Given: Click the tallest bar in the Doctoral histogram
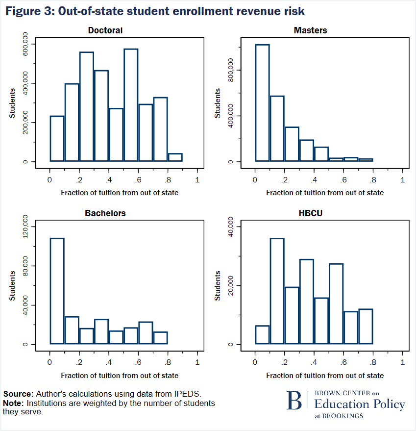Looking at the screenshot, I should click(x=131, y=105).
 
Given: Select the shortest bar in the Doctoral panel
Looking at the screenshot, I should click(x=175, y=157).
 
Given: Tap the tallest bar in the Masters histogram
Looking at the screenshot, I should click(x=262, y=103).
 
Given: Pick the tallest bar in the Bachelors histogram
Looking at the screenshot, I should click(x=57, y=291).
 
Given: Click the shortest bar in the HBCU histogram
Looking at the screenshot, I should click(x=262, y=335).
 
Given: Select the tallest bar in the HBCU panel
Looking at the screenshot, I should click(x=277, y=291).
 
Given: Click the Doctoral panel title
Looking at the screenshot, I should click(x=105, y=30).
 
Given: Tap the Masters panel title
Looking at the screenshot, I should click(x=310, y=30).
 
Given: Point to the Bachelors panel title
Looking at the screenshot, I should click(x=105, y=213).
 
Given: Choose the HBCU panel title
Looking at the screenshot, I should click(x=310, y=213).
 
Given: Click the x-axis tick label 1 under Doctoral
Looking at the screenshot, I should click(x=197, y=179).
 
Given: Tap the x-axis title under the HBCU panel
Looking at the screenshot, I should click(x=325, y=376).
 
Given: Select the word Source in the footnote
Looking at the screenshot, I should click(x=18, y=394).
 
